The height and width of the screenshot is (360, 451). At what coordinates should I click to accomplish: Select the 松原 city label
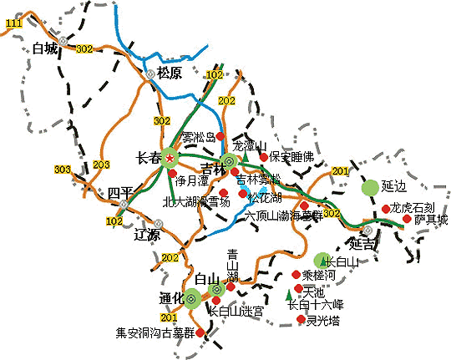click(x=174, y=72)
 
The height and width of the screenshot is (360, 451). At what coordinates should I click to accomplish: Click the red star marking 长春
click(x=170, y=158)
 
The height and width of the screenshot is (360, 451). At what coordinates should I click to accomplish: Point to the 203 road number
click(x=101, y=165)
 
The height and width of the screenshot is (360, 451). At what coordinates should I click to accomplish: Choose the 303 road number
click(x=62, y=170)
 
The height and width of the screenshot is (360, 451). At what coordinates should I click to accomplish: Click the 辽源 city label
click(x=147, y=236)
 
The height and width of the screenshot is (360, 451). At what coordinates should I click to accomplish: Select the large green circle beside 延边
click(x=369, y=188)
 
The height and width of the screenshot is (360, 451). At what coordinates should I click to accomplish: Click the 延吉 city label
click(x=363, y=245)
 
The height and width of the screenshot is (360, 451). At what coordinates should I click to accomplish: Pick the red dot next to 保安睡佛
click(x=264, y=156)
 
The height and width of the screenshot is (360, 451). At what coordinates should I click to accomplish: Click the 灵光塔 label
click(x=322, y=319)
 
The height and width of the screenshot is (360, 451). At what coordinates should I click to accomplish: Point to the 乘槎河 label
click(x=317, y=274)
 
